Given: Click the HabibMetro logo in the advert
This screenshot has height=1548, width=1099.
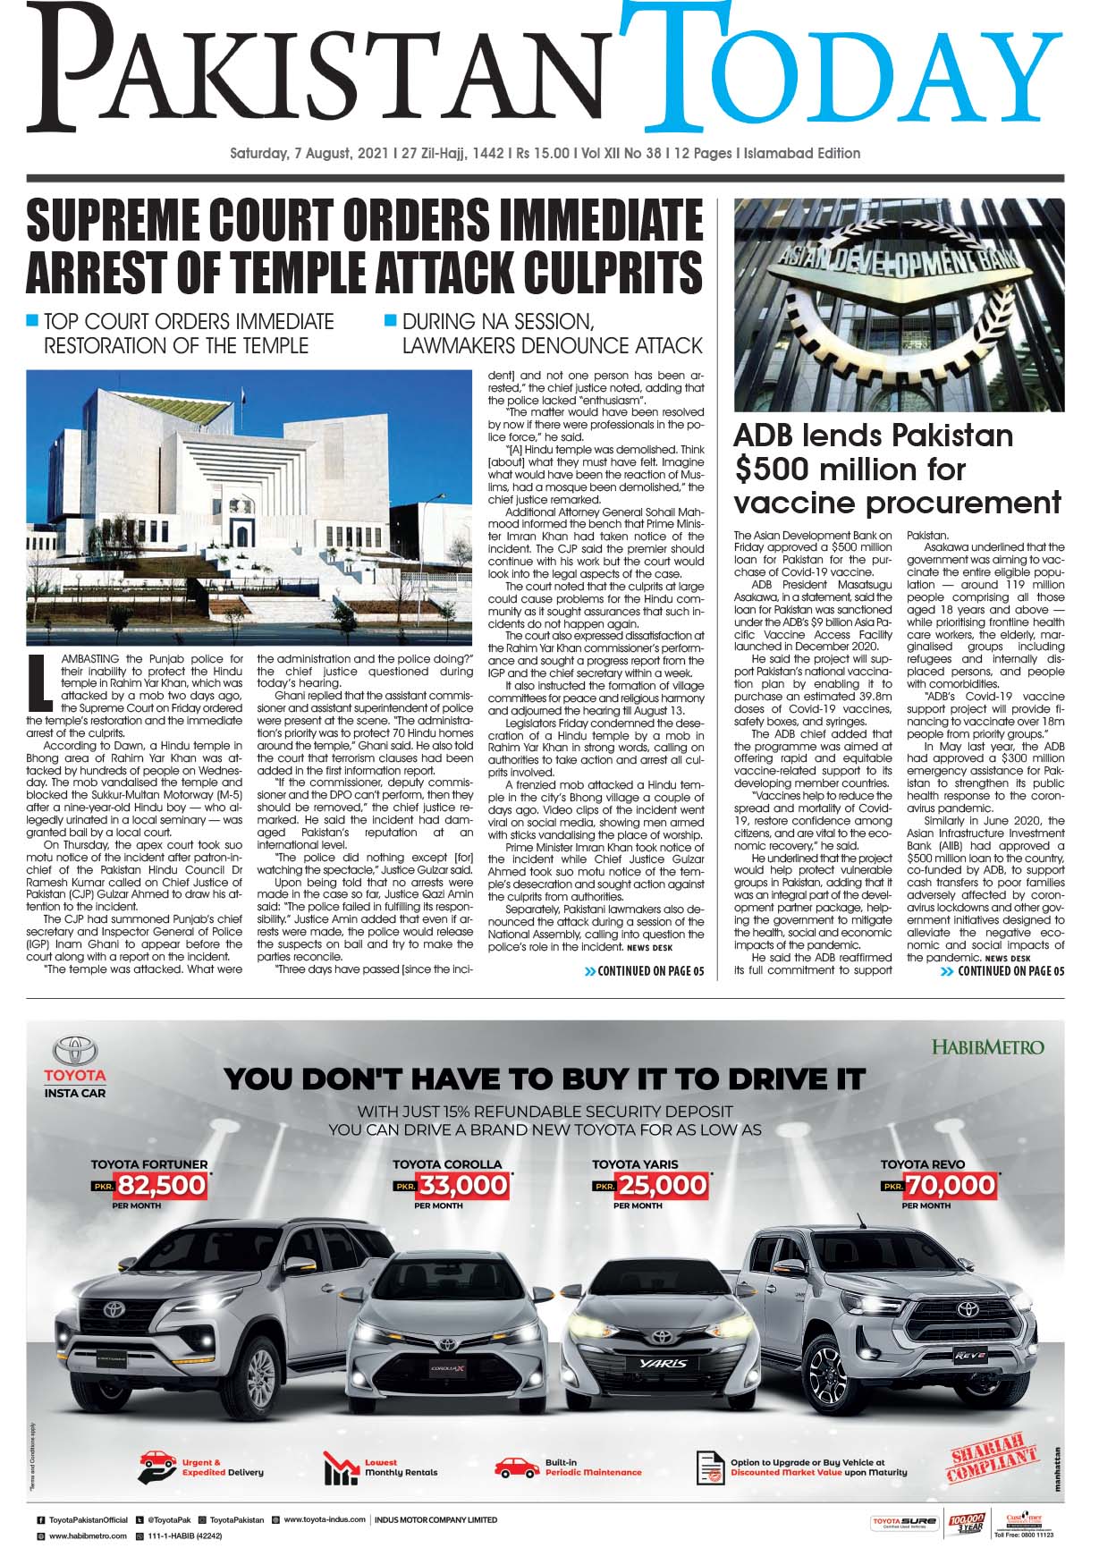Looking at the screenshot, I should point(987,1045).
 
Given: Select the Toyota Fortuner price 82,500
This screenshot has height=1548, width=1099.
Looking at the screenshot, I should point(162,1186).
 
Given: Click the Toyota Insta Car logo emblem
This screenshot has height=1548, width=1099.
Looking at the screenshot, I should point(75,1052).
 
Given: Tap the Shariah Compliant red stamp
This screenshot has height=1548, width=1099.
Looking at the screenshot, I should point(993,1463).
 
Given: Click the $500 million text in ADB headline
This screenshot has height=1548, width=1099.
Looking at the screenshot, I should point(850,469).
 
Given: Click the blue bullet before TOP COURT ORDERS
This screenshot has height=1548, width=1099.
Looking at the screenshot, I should point(33,320).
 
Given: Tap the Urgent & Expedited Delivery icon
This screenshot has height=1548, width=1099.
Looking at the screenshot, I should point(157,1468).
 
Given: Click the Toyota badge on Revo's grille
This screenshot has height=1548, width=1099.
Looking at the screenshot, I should point(968,1308).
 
